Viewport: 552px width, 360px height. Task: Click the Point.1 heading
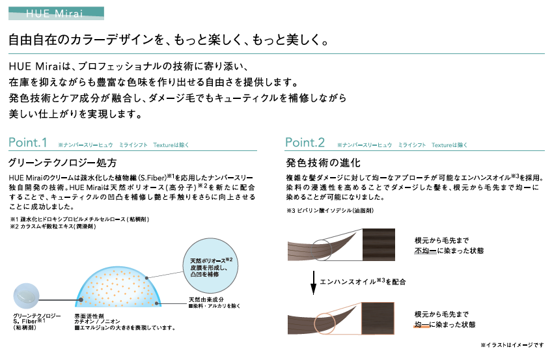tap(28, 143)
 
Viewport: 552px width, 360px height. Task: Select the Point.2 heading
tap(305, 143)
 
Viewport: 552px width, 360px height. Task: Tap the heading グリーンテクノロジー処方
tap(62, 163)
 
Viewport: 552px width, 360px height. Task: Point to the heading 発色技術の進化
tap(323, 163)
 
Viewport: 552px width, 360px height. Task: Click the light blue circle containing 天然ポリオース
tap(210, 266)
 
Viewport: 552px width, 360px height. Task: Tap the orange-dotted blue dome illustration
tap(118, 286)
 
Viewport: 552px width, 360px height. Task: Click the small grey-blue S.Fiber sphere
tap(26, 296)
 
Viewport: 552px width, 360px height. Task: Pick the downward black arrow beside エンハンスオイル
tap(313, 283)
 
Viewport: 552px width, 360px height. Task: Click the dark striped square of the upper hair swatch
tap(379, 245)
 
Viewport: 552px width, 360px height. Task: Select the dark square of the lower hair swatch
tap(378, 318)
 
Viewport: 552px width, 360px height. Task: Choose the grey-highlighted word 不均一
tap(426, 251)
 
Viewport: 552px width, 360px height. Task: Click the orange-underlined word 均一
tap(422, 324)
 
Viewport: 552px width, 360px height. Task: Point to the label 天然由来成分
tap(206, 299)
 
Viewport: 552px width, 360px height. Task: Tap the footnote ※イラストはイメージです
tap(512, 345)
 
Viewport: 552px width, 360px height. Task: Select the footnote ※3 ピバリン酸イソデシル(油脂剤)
tap(330, 210)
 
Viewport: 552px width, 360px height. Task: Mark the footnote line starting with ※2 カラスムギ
tap(53, 227)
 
